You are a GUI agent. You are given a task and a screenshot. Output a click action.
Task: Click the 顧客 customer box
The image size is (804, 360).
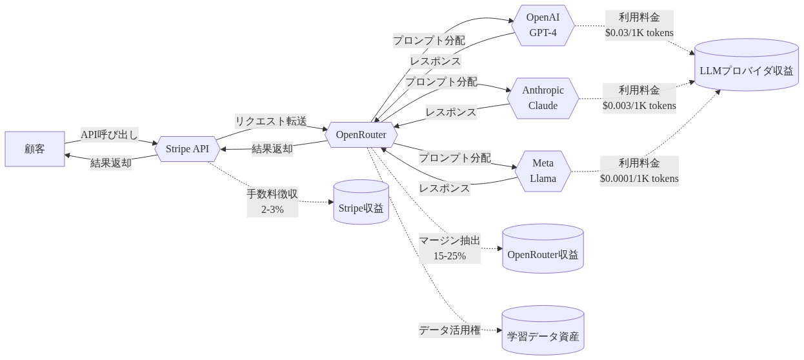tap(35, 149)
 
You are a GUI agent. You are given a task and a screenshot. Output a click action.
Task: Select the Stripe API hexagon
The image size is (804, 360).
tap(187, 149)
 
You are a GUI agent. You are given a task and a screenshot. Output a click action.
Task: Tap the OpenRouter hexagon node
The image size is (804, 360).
tap(361, 135)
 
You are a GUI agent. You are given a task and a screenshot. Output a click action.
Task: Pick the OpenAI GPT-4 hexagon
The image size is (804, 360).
tap(543, 25)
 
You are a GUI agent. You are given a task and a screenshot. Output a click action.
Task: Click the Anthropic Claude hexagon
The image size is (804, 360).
tap(543, 98)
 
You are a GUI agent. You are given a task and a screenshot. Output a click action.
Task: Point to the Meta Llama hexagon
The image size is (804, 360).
tap(543, 171)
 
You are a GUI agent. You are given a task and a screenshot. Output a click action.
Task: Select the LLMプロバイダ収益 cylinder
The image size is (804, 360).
tap(747, 65)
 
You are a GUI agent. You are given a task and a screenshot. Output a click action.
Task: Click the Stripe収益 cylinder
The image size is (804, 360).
tap(361, 202)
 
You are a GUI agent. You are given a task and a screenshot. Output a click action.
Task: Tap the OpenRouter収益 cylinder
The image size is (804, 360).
tap(543, 248)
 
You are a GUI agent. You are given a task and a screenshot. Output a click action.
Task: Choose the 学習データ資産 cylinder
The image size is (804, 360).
tap(543, 330)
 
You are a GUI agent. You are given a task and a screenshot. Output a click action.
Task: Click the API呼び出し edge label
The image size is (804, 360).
tap(110, 135)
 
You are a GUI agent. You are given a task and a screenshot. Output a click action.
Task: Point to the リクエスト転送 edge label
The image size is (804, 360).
tap(271, 121)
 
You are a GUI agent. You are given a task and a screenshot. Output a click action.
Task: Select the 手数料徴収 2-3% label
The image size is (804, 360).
tap(272, 202)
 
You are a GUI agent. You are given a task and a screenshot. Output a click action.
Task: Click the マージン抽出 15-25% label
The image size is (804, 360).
tap(450, 248)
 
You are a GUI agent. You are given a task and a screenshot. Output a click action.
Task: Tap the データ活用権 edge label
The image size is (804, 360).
tap(450, 330)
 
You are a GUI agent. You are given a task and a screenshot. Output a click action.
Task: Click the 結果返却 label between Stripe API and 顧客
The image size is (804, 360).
tap(111, 163)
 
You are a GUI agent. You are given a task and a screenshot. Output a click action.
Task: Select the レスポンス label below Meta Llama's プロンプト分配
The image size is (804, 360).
tap(445, 188)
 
